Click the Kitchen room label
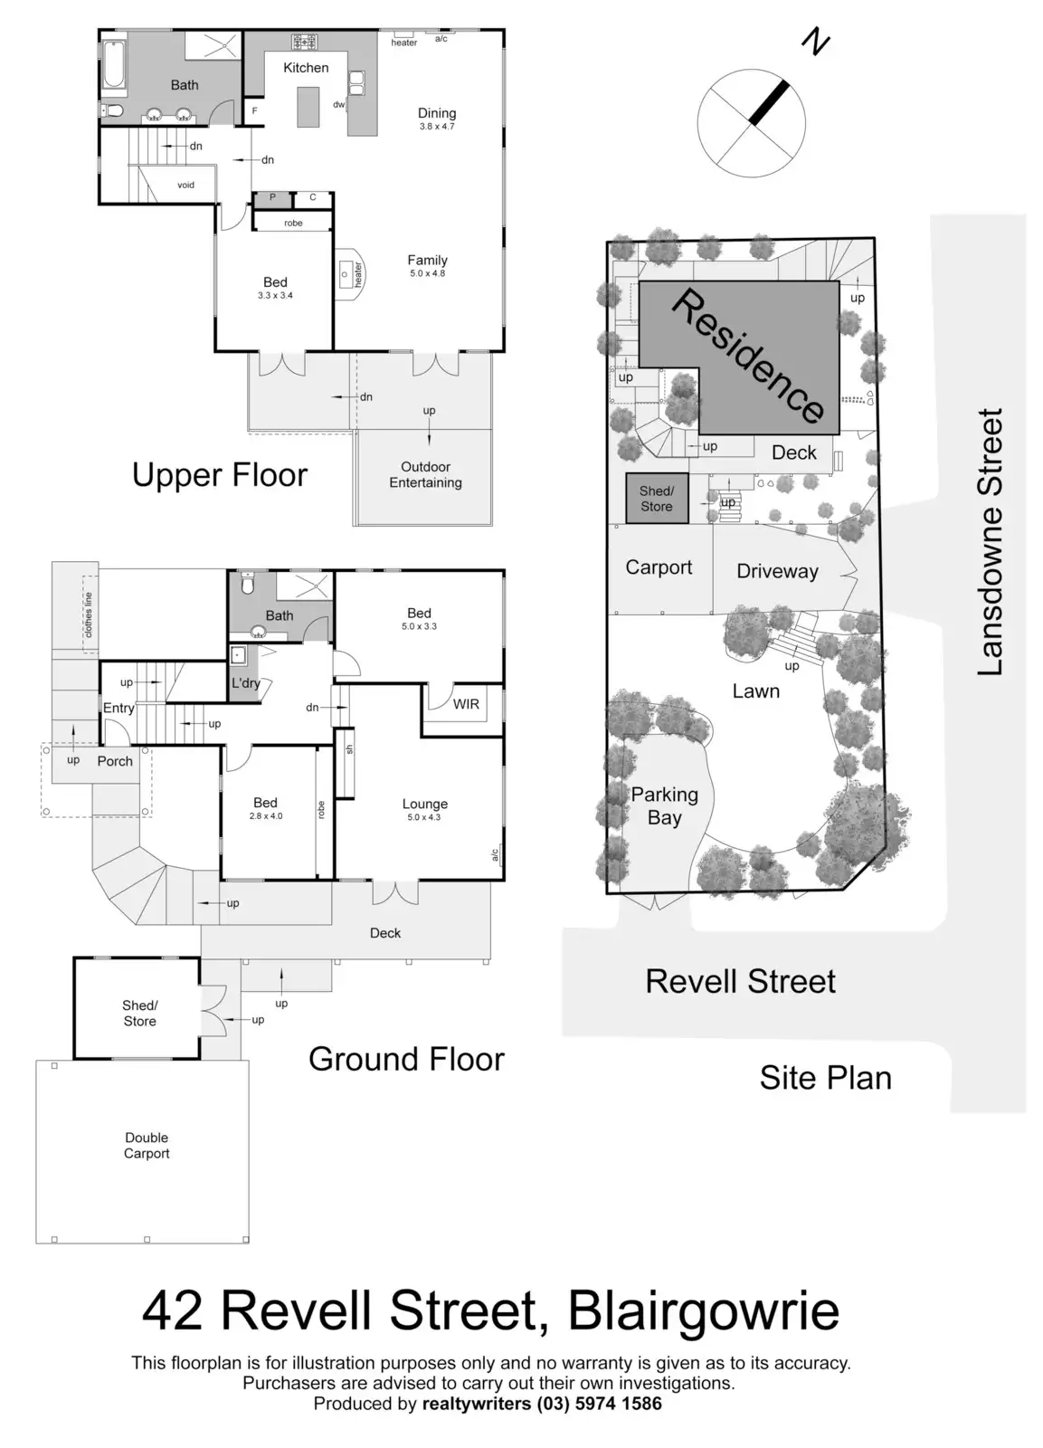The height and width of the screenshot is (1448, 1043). coord(306,68)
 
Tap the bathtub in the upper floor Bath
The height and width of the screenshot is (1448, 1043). coord(114,64)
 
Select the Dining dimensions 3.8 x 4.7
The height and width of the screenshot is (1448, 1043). coord(437,127)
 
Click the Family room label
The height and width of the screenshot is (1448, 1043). coord(427,261)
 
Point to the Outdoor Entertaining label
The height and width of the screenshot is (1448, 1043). coord(425,474)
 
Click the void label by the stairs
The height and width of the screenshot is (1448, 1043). coord(185,186)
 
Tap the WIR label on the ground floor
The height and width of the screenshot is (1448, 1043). coord(466,704)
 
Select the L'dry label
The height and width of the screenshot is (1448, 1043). coord(245,683)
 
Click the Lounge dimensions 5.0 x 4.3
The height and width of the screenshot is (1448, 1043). coord(424,817)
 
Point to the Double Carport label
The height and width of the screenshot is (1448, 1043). coord(147,1145)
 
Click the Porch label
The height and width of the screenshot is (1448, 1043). coord(115,761)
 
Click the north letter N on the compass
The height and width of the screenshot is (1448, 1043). coord(816,42)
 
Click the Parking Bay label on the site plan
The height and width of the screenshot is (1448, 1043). coord(664,805)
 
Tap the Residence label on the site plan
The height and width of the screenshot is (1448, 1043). coord(748,356)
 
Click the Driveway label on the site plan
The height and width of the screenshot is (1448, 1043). coord(777,571)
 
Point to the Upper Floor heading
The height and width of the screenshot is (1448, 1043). coord(220,475)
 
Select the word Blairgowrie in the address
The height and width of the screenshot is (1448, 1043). coord(704,1311)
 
